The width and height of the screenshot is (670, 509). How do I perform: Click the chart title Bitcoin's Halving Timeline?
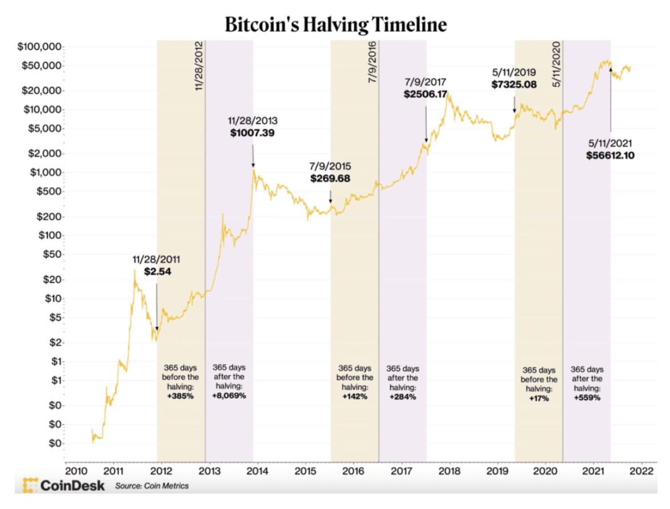click(x=336, y=25)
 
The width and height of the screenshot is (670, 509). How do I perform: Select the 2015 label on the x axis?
click(x=305, y=471)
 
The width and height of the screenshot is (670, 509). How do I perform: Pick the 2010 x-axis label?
click(x=75, y=471)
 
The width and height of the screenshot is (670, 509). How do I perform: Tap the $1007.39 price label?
click(x=253, y=133)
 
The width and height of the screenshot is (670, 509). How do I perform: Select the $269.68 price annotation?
click(x=330, y=178)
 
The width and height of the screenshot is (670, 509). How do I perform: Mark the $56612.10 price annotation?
click(x=611, y=155)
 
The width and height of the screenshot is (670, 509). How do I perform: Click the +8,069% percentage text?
click(x=229, y=395)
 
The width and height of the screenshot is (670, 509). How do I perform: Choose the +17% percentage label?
click(x=538, y=398)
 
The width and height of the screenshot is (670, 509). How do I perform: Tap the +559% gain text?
click(x=587, y=398)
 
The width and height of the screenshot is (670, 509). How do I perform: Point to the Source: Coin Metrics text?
click(x=152, y=486)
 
